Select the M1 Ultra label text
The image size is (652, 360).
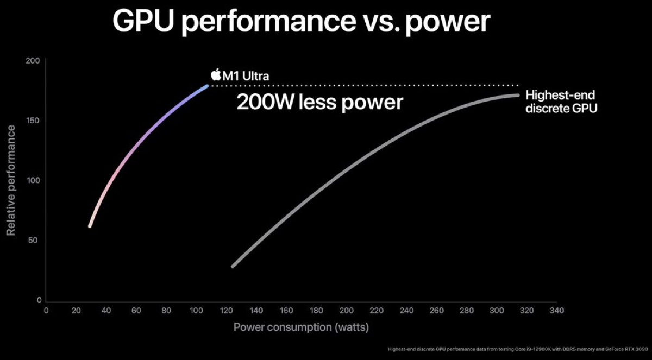pyautogui.click(x=246, y=75)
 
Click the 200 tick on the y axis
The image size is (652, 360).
pyautogui.click(x=34, y=61)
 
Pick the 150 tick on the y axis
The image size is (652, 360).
pyautogui.click(x=34, y=121)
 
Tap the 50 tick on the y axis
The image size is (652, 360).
pyautogui.click(x=36, y=240)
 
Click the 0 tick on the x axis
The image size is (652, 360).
pyautogui.click(x=46, y=311)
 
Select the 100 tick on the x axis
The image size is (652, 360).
pyautogui.click(x=196, y=311)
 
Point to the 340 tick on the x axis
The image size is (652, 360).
pyautogui.click(x=556, y=311)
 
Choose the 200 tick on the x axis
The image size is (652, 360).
pyautogui.click(x=346, y=311)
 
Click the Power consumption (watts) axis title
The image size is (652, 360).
pyautogui.click(x=302, y=327)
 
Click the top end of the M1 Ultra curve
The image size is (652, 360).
pyautogui.click(x=206, y=86)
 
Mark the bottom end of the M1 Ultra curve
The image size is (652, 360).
pyautogui.click(x=90, y=226)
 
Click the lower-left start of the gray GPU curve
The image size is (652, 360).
pyautogui.click(x=233, y=266)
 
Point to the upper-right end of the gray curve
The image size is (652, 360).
pyautogui.click(x=518, y=96)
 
